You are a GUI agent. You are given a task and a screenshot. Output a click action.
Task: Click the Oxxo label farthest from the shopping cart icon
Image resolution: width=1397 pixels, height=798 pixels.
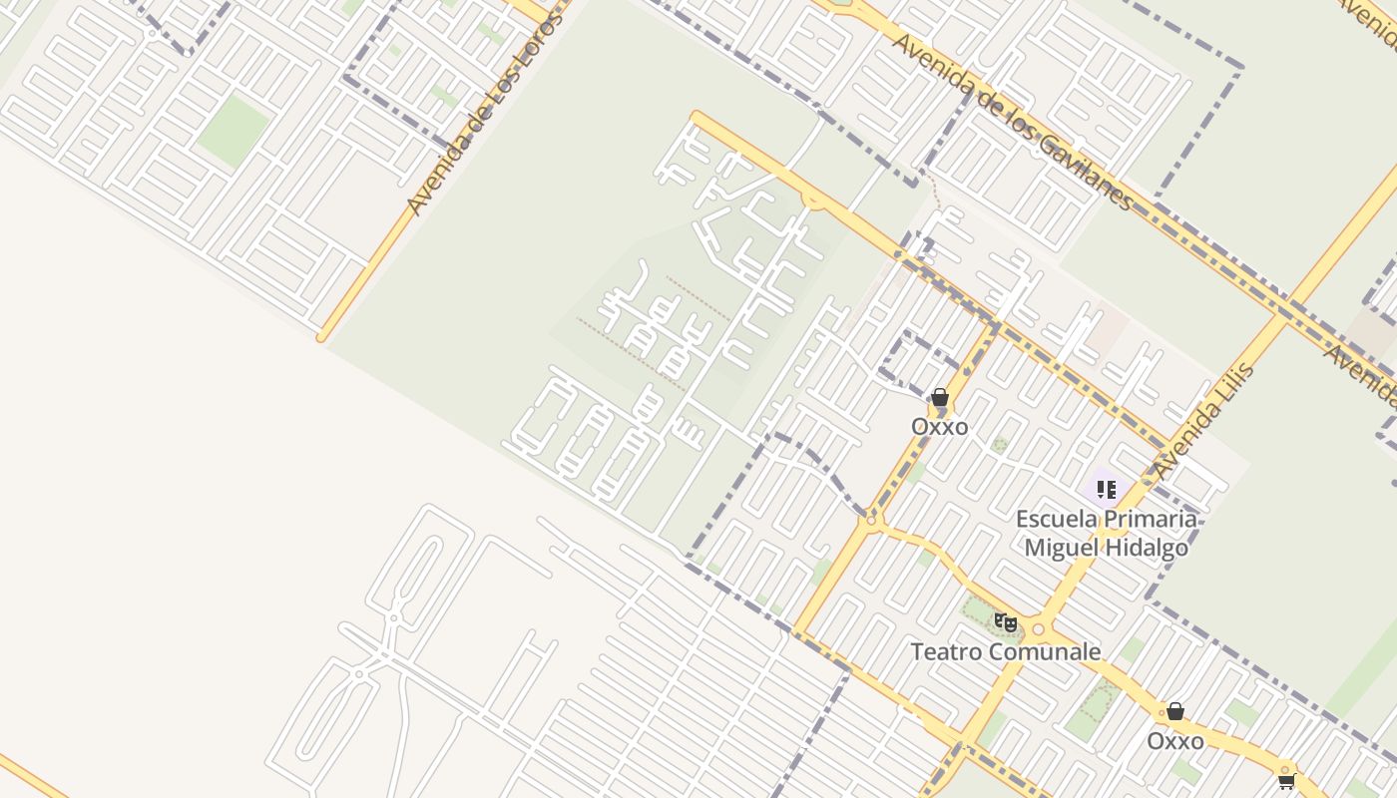point(939,426)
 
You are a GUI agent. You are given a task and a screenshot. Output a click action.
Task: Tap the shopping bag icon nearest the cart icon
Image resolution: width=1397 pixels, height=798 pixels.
point(1175,711)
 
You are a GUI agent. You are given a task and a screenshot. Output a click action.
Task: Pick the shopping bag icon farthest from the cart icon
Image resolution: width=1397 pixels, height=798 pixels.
point(939,397)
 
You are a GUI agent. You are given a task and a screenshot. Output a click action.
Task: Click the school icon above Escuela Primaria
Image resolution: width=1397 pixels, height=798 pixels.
point(1106,489)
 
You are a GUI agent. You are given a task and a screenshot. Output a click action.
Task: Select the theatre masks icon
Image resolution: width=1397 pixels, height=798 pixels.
point(1006,623)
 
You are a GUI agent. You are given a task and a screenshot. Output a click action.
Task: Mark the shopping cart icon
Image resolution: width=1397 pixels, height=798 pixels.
point(1287,780)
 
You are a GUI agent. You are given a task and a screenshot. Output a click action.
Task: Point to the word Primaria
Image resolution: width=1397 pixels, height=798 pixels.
point(1151,519)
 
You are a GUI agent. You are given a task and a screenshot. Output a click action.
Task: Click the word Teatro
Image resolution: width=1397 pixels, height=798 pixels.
point(946,652)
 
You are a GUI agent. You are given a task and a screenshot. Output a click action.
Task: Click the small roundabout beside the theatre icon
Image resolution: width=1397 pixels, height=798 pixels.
point(1038,629)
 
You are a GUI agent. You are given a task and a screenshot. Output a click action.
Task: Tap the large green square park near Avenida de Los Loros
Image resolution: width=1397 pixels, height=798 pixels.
point(233,131)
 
